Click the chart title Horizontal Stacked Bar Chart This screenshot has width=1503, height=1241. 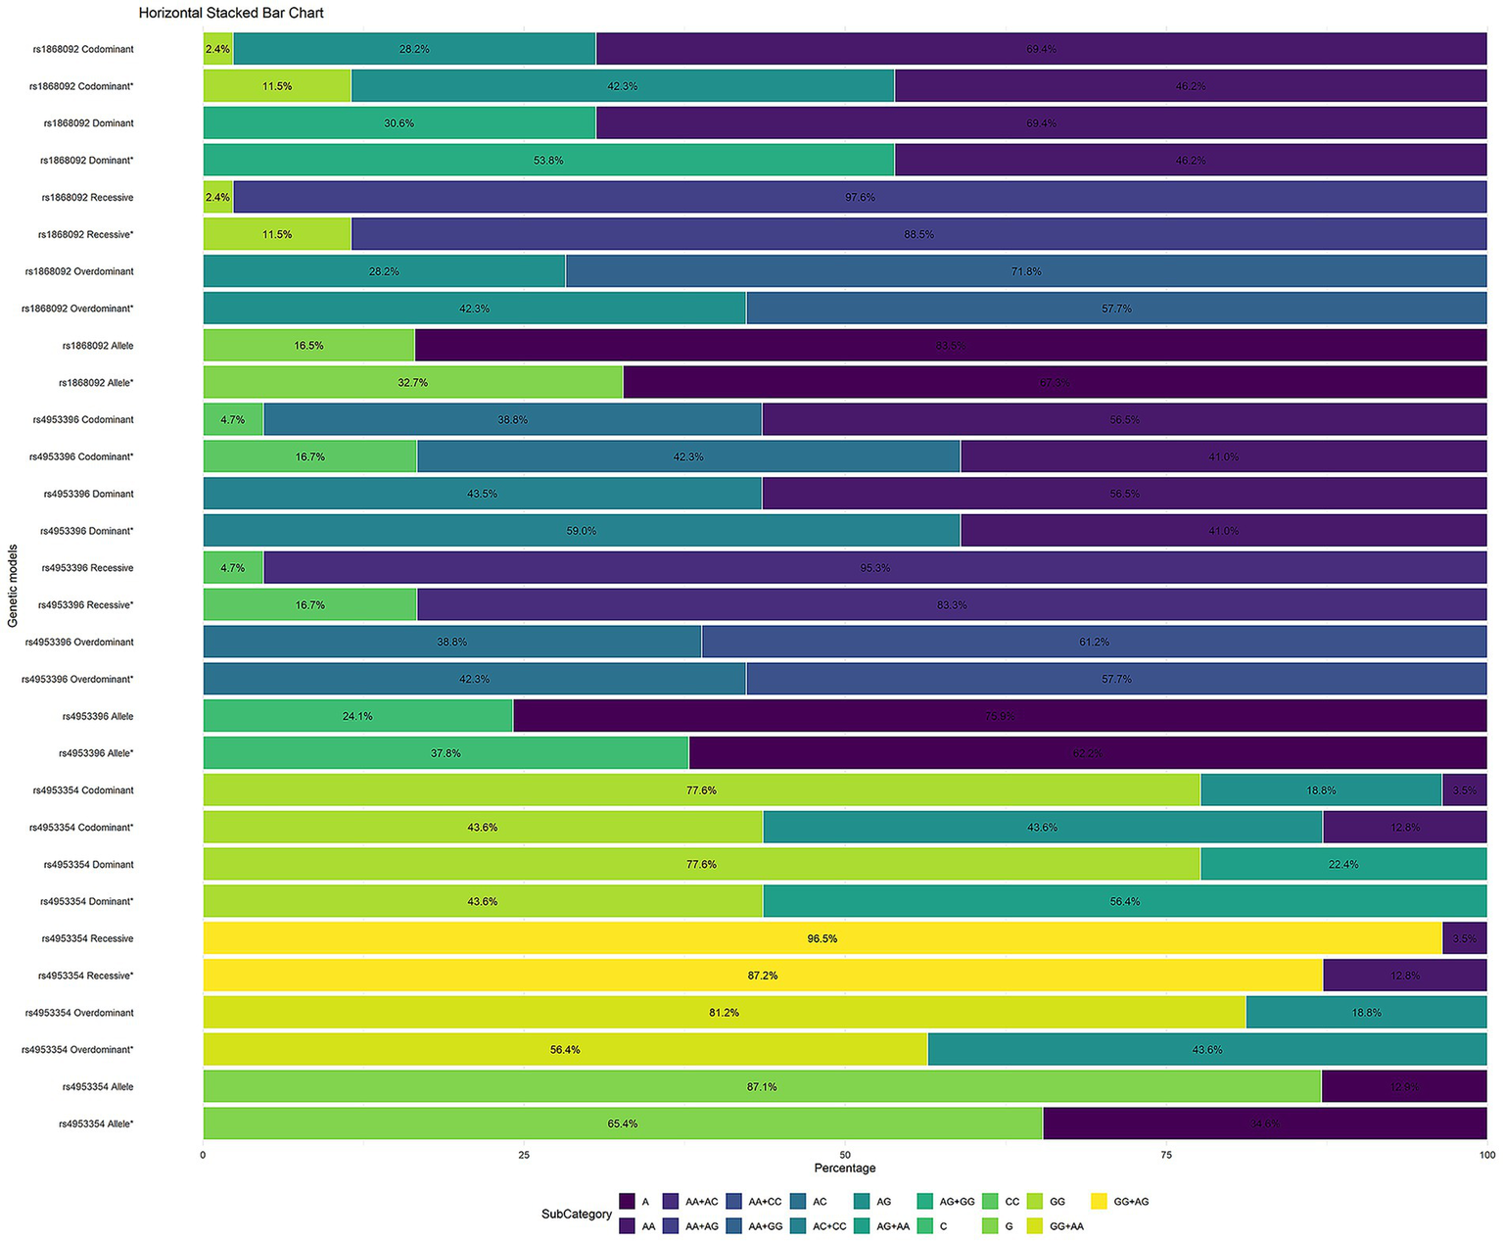pyautogui.click(x=231, y=13)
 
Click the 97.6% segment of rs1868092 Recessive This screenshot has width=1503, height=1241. pyautogui.click(x=860, y=197)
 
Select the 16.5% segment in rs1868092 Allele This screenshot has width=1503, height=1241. pyautogui.click(x=308, y=346)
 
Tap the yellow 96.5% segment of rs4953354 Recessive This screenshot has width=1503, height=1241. pyautogui.click(x=822, y=938)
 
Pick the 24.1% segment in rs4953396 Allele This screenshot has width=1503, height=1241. pyautogui.click(x=357, y=716)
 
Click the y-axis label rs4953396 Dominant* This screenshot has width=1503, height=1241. pyautogui.click(x=86, y=531)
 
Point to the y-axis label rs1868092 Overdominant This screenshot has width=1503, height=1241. pyautogui.click(x=79, y=271)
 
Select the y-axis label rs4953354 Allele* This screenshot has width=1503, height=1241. pyautogui.click(x=96, y=1123)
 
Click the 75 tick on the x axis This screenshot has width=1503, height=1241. pyautogui.click(x=1166, y=1155)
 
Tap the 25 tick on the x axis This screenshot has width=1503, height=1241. pyautogui.click(x=524, y=1155)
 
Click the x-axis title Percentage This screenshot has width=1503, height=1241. pyautogui.click(x=844, y=1168)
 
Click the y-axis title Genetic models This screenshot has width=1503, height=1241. pyautogui.click(x=13, y=586)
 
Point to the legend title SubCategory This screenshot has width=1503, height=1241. pyautogui.click(x=576, y=1214)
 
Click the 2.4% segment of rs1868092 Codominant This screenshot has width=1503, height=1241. pyautogui.click(x=217, y=49)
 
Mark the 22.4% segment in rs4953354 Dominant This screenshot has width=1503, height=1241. pyautogui.click(x=1342, y=864)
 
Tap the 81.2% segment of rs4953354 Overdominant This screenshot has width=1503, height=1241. pyautogui.click(x=724, y=1012)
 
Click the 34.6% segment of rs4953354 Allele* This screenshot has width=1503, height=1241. pyautogui.click(x=1264, y=1123)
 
